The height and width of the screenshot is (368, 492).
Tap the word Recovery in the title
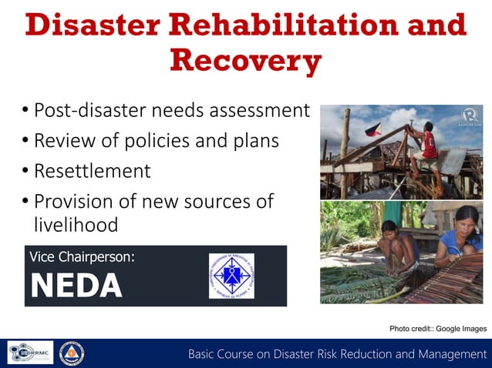click(245, 61)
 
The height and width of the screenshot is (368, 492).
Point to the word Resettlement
click(93, 171)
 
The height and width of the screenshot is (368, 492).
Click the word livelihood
click(76, 225)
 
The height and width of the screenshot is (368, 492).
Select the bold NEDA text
click(76, 286)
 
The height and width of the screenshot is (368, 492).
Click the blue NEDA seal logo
click(231, 276)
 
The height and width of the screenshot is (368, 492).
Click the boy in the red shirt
click(424, 146)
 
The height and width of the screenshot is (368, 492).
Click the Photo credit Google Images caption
click(438, 329)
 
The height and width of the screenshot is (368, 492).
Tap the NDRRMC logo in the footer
click(30, 353)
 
